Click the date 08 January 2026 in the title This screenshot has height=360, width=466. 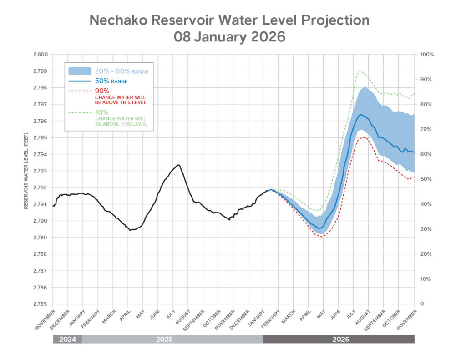click(229, 37)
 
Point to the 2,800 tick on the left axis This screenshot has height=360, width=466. click(41, 54)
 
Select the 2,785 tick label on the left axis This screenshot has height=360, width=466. click(41, 304)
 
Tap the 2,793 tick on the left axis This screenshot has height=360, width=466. click(41, 171)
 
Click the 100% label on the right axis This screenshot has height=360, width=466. click(427, 54)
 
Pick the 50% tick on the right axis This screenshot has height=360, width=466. click(426, 179)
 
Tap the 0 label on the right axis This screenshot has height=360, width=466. click(422, 304)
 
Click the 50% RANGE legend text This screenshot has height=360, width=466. click(111, 81)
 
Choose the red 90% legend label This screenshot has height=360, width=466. click(102, 91)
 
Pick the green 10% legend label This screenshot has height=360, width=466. click(101, 112)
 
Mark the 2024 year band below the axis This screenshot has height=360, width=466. click(67, 339)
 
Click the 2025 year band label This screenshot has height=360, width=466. click(172, 339)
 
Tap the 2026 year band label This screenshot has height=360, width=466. click(339, 339)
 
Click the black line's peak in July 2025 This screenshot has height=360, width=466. click(178, 165)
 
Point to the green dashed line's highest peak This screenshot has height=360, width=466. click(360, 71)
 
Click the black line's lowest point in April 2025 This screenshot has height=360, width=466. click(130, 230)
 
